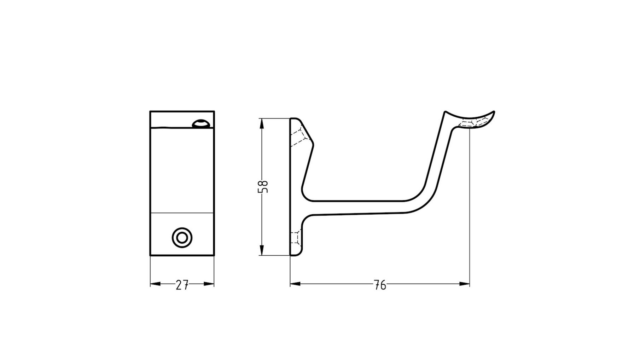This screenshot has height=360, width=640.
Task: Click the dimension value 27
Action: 182,285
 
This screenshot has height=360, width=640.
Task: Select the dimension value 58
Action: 263,187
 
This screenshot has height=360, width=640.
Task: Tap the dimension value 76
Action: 380,285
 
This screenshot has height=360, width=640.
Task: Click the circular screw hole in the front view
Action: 182,238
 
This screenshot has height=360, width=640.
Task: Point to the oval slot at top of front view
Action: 202,124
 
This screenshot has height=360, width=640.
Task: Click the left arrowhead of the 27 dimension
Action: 155,284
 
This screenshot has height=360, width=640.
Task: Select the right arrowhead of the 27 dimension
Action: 209,284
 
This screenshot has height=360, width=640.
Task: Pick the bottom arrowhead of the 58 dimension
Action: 262,250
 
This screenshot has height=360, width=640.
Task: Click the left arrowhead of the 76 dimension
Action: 295,284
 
